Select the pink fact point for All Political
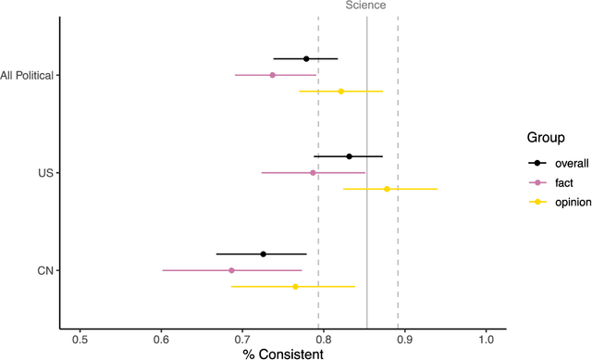272,75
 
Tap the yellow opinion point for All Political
340,92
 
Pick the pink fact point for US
313,173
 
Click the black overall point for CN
263,254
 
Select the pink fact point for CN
231,270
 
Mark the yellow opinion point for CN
295,287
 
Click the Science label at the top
366,6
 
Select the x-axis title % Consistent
282,353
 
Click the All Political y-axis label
27,75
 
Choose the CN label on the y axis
45,270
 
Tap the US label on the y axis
46,173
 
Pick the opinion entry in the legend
559,203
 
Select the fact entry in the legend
552,182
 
